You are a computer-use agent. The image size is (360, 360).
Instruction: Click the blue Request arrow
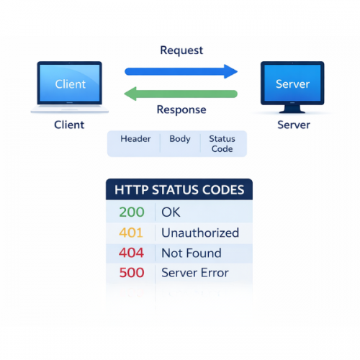[180, 71]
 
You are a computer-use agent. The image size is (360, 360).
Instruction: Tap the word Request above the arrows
[181, 50]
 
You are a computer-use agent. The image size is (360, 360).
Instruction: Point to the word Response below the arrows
[181, 110]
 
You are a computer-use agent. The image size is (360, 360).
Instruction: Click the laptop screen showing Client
[70, 84]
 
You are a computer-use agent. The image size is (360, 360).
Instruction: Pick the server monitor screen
[292, 84]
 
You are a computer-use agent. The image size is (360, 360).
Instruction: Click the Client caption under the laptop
[69, 125]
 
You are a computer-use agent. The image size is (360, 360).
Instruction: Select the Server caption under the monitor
[293, 125]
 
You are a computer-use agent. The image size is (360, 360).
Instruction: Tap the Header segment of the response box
[135, 139]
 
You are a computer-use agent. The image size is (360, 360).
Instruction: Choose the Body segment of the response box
[180, 139]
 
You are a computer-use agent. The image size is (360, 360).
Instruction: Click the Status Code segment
[222, 143]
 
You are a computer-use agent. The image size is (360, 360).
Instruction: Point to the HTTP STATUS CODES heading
[179, 191]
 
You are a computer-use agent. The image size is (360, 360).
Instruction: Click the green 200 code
[131, 212]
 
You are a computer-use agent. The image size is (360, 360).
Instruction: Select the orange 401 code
[131, 233]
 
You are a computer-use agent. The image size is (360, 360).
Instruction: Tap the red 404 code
[131, 253]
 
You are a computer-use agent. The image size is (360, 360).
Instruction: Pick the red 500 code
[131, 273]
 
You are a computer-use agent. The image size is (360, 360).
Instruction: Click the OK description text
[171, 212]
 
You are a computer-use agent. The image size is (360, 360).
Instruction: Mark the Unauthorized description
[200, 233]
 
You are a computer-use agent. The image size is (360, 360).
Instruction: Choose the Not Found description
[191, 253]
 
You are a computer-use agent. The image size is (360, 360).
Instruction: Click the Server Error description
[194, 273]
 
